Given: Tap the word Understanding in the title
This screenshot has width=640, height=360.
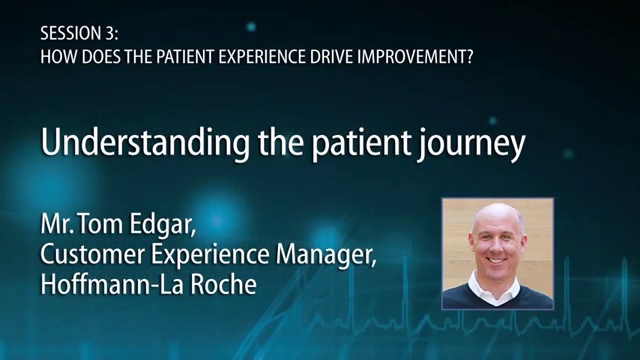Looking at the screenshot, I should [145, 144].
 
